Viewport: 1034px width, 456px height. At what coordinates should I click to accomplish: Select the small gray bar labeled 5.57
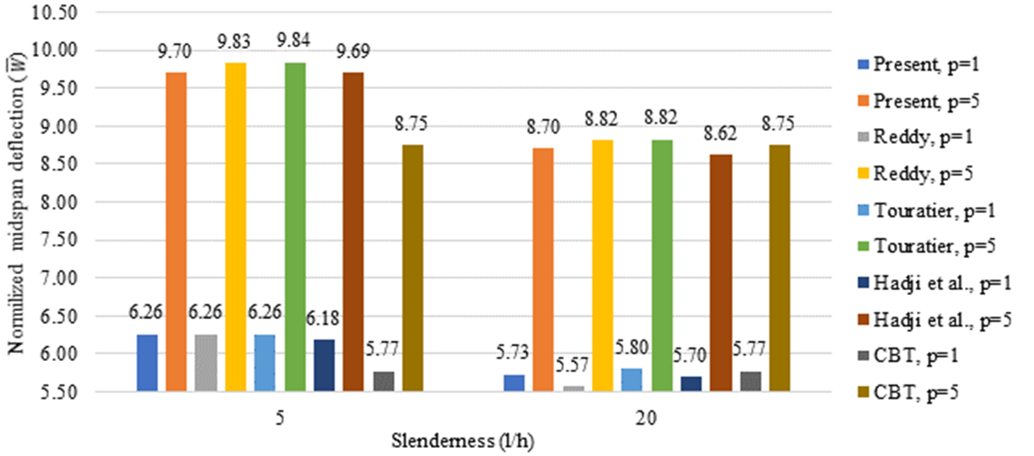tap(574, 388)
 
